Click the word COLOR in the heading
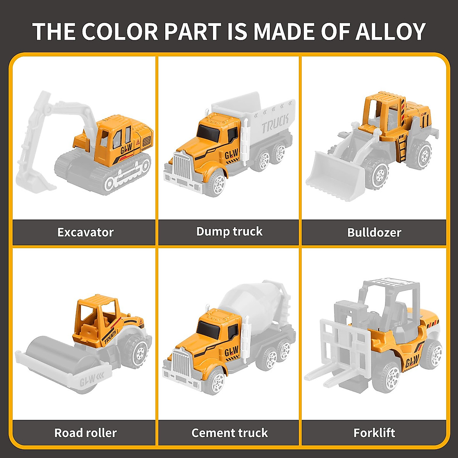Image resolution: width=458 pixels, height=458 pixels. point(119,31)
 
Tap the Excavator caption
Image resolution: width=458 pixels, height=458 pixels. point(85,232)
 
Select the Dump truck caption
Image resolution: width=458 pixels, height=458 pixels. point(229,231)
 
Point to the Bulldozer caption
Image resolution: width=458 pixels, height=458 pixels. point(374,232)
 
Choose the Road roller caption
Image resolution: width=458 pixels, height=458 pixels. point(85,433)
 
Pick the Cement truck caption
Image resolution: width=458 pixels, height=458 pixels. point(229,433)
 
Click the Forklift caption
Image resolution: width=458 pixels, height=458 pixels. point(374,433)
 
